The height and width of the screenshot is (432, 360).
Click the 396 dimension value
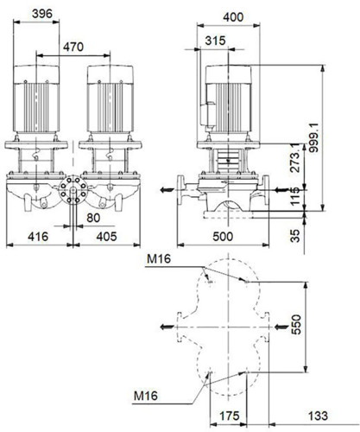click(x=42, y=14)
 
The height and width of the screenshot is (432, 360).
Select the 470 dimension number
click(x=73, y=47)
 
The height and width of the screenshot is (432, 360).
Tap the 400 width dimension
click(x=233, y=17)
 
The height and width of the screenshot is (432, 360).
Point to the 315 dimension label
click(x=215, y=41)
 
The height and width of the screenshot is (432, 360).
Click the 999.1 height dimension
click(x=313, y=137)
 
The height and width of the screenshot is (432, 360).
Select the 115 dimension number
click(x=295, y=196)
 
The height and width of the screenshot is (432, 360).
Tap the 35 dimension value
click(x=295, y=236)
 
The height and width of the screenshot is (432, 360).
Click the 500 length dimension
click(x=223, y=237)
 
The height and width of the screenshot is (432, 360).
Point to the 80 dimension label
click(x=93, y=218)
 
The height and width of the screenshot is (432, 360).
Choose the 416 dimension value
click(x=38, y=237)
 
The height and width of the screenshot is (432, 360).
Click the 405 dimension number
click(x=107, y=237)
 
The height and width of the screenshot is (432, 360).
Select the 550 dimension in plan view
click(x=296, y=325)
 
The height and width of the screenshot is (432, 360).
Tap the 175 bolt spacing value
click(x=230, y=416)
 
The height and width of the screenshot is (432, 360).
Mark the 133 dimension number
click(x=318, y=416)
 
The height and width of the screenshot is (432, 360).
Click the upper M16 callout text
click(x=159, y=259)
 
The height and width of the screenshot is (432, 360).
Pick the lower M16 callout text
click(x=146, y=396)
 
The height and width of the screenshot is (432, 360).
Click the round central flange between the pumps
click(x=73, y=190)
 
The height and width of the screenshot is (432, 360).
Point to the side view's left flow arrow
click(x=167, y=190)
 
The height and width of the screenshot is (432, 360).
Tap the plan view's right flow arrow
click(x=281, y=327)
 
